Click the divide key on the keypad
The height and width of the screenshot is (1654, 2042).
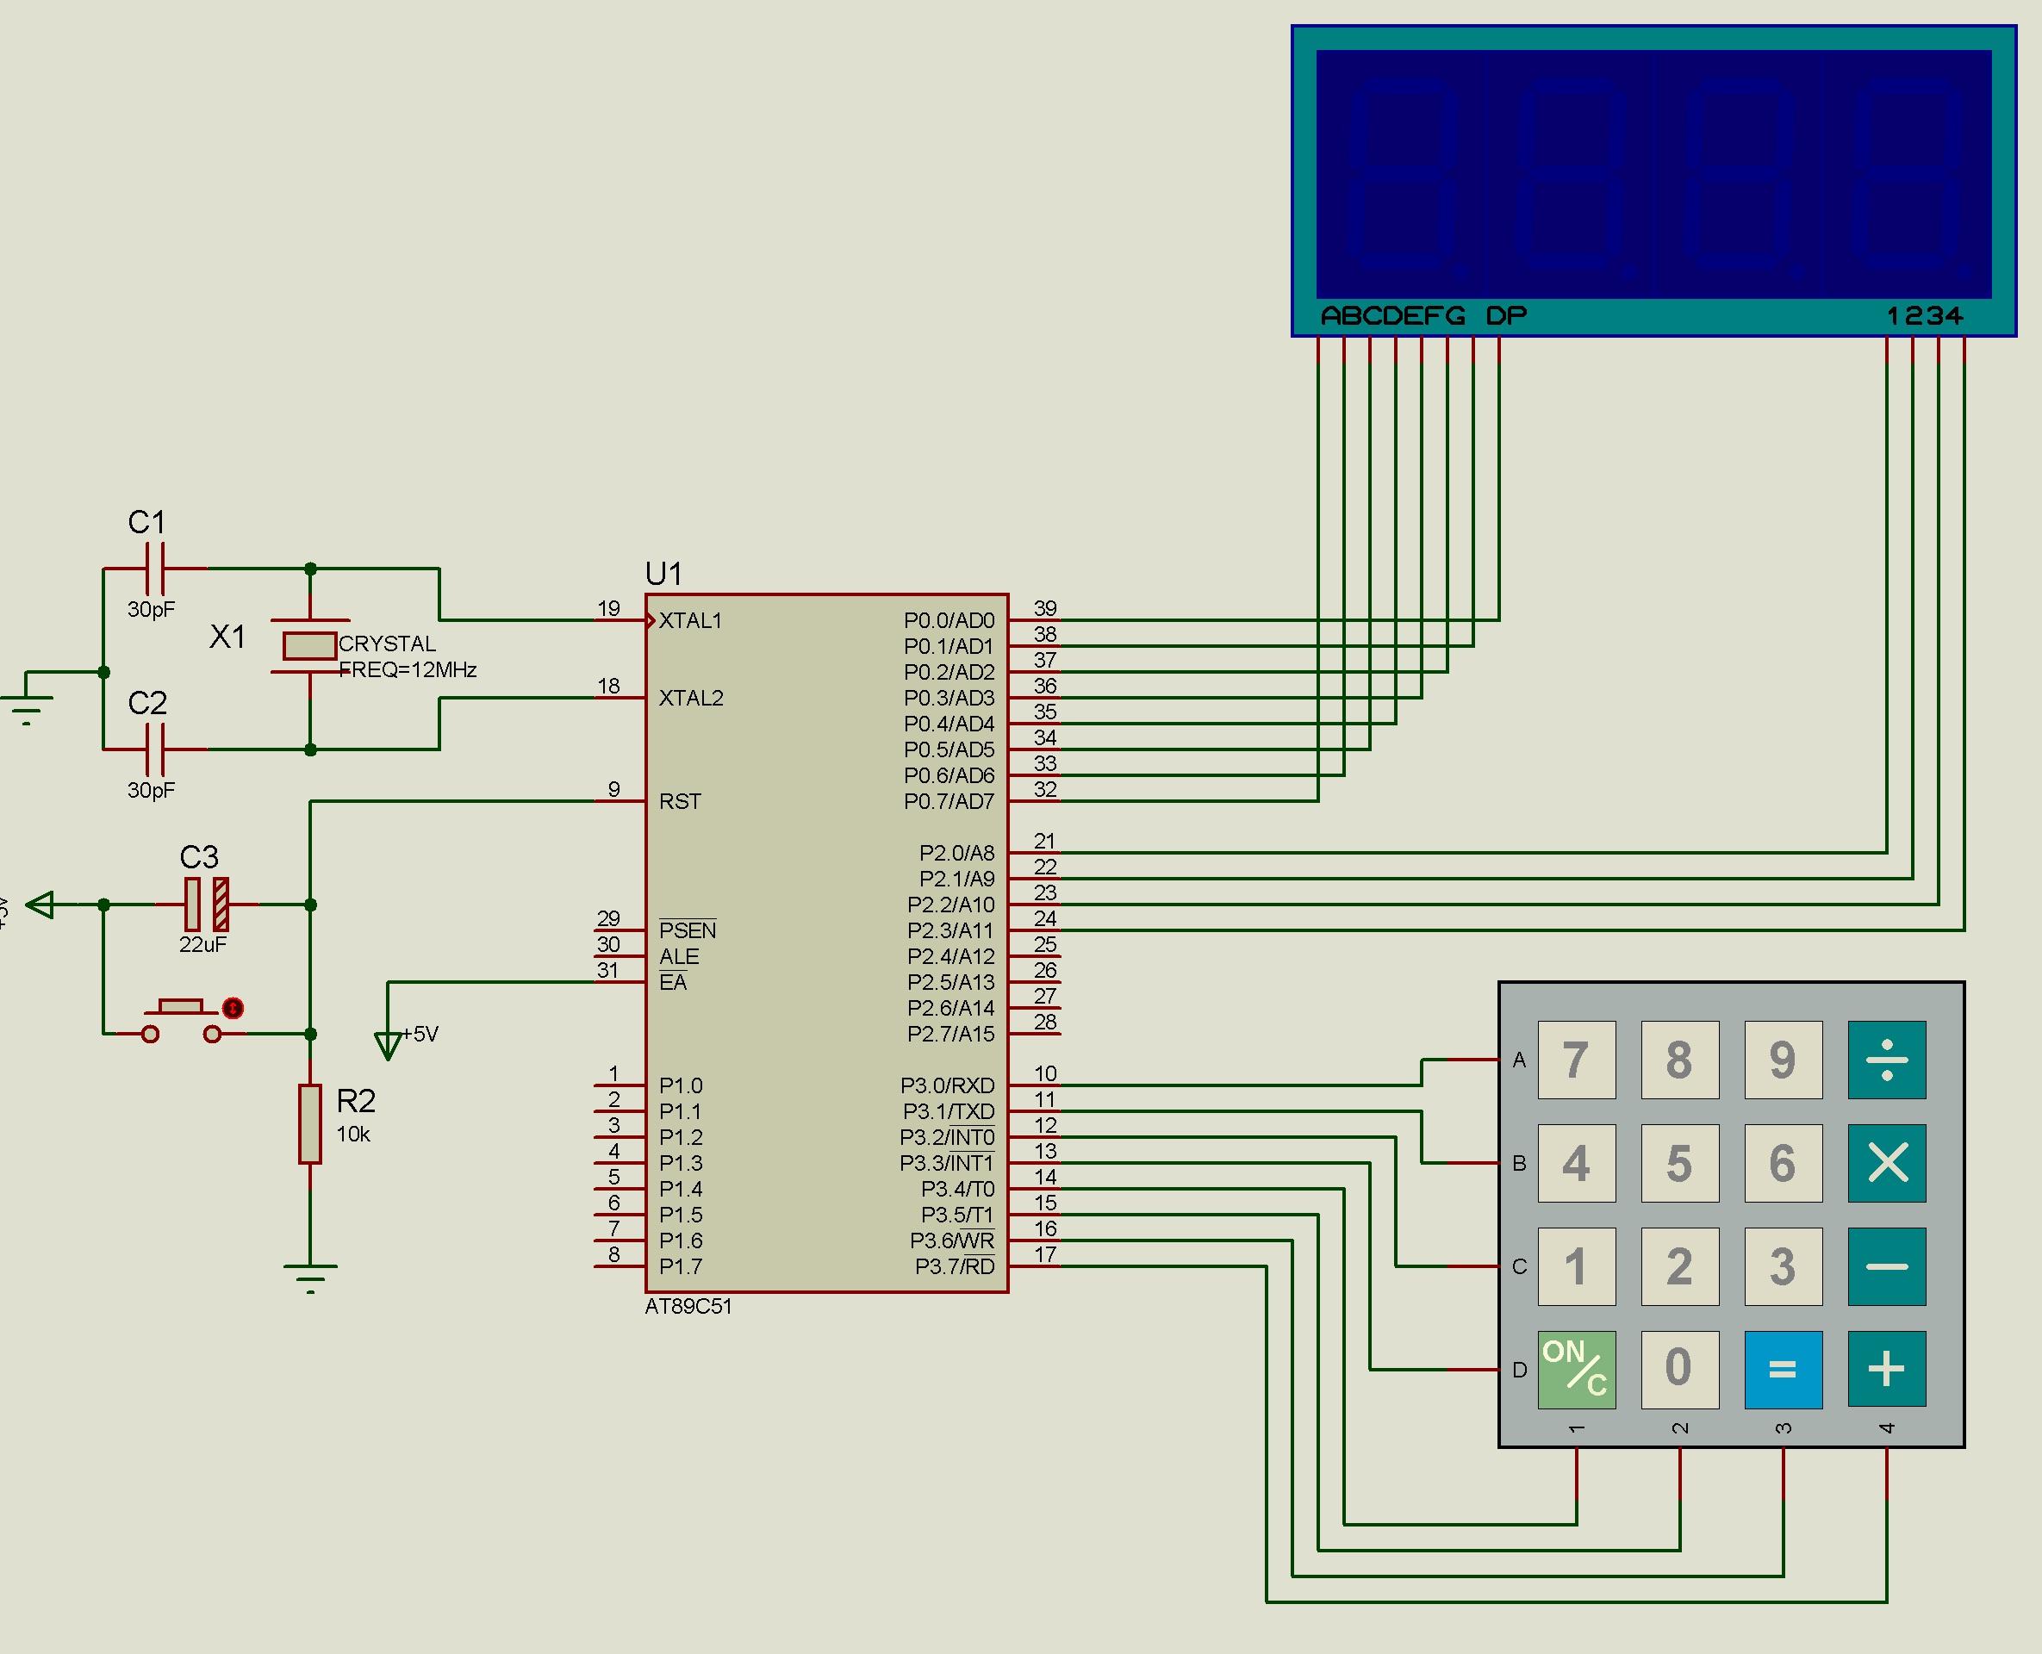[x=1886, y=1060]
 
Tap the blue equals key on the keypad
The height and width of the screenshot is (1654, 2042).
[x=1782, y=1369]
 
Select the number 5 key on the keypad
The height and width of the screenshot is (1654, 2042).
[x=1679, y=1162]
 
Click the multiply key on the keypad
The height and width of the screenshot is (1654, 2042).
[x=1886, y=1162]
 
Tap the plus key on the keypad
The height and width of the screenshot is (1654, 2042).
[x=1886, y=1369]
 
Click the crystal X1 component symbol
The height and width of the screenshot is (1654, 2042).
[x=309, y=646]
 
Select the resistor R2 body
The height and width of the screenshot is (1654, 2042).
[x=309, y=1123]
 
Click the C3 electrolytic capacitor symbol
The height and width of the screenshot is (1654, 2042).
[x=207, y=905]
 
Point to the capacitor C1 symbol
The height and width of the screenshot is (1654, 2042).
[x=155, y=569]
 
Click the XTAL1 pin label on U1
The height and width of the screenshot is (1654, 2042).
[x=691, y=621]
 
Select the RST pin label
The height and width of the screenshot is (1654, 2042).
[x=680, y=802]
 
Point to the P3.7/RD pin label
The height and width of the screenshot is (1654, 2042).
[x=954, y=1267]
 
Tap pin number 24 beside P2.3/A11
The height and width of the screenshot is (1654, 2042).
[x=1045, y=918]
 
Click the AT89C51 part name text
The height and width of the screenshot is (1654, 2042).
[x=688, y=1306]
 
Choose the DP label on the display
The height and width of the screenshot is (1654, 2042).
[x=1505, y=315]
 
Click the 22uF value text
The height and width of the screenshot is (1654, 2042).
[x=202, y=944]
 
